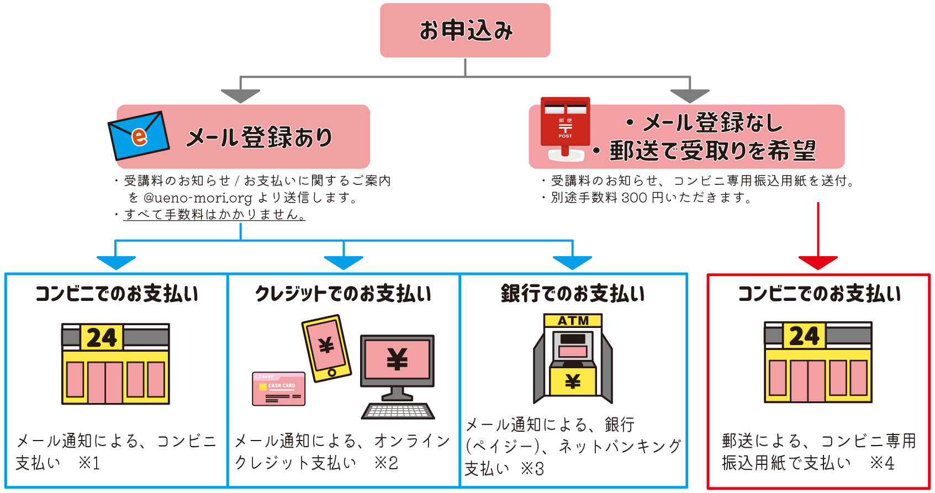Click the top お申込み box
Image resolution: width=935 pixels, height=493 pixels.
465,30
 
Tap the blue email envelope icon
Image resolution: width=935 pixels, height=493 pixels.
139,135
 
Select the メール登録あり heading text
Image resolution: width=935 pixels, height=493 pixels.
259,137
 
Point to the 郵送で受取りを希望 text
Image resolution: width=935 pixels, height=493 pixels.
712,151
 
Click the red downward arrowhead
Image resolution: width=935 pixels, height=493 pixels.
818,262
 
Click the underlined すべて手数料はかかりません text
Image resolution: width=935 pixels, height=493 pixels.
214,215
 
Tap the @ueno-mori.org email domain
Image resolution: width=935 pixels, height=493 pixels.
197,198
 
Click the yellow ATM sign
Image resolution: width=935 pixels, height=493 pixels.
573,321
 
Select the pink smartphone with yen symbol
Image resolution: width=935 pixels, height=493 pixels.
326,348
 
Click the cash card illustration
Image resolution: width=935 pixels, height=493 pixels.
278,389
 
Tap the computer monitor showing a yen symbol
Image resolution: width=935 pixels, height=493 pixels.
397,360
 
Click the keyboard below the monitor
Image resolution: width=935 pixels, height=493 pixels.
398,411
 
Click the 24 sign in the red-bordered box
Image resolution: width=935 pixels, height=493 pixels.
804,336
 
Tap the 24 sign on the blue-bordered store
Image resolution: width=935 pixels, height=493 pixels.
102,337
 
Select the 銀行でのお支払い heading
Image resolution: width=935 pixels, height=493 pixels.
573,294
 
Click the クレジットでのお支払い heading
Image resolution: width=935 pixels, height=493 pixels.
343,294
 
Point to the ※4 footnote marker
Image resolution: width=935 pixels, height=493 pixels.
882,463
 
